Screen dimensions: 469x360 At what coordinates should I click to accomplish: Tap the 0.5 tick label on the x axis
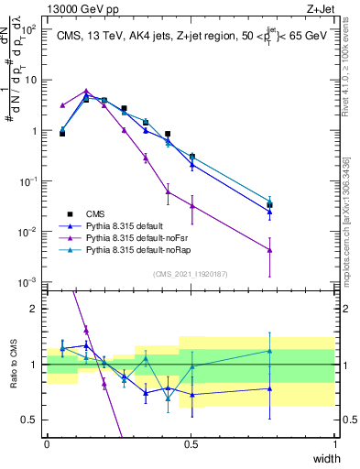pos(191,444)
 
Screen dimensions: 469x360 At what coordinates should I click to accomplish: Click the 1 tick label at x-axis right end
pos(335,444)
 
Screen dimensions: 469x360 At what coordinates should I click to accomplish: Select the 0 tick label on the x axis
pos(47,444)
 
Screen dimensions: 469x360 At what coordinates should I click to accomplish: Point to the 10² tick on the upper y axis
pos(29,29)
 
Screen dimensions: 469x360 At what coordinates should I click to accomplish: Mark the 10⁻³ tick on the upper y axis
pos(29,281)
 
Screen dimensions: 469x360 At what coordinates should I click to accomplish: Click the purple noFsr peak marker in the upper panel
pos(86,92)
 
